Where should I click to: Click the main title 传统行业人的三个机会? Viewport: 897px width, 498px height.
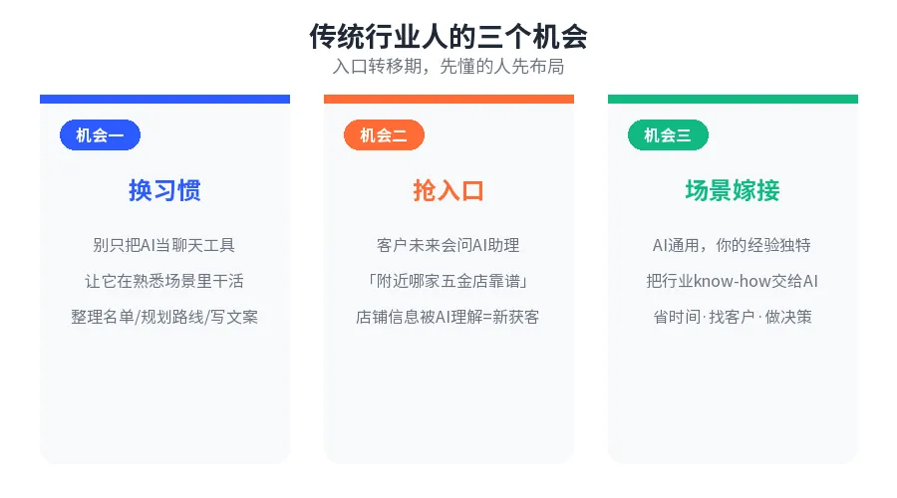point(448,37)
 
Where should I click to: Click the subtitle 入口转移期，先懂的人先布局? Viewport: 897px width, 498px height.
point(448,67)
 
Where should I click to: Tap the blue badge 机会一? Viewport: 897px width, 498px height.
point(100,134)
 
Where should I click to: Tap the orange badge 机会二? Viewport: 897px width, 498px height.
point(384,134)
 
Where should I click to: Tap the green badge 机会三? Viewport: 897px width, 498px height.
point(668,134)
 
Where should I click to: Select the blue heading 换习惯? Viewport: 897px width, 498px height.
point(164,190)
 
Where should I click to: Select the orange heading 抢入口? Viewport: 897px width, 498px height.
point(448,190)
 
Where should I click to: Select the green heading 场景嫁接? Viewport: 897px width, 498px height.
point(733,190)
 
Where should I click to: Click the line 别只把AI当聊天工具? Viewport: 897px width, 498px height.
point(164,245)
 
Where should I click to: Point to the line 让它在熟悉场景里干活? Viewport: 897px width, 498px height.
point(164,281)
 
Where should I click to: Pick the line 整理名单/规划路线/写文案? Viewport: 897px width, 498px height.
point(164,317)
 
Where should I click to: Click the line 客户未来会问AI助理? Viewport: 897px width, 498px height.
point(448,245)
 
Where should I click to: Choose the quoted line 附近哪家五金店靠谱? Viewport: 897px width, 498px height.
point(448,281)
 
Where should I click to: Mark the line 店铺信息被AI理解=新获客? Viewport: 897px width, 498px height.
point(448,317)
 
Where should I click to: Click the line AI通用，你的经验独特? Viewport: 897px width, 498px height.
point(733,245)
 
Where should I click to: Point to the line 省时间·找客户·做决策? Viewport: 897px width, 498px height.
point(733,317)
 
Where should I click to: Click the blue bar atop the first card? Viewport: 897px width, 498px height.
point(164,99)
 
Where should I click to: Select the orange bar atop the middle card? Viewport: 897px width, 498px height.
point(448,99)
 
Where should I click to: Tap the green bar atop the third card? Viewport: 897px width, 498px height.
point(733,99)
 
